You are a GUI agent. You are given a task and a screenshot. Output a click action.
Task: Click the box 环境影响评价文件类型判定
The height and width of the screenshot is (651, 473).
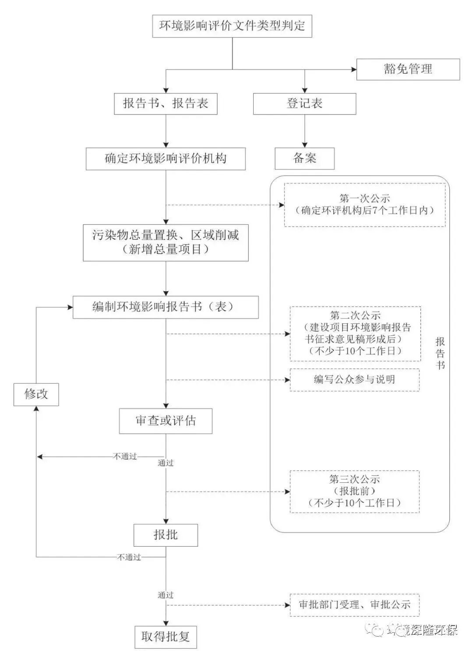(232, 26)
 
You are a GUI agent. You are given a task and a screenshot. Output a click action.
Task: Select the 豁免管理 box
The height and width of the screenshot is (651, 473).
(408, 69)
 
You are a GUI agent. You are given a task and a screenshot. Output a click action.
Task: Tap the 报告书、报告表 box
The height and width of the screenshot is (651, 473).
(166, 104)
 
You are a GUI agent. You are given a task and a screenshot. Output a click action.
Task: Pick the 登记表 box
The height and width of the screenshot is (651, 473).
(304, 104)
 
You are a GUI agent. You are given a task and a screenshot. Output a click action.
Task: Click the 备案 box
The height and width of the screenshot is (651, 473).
(304, 158)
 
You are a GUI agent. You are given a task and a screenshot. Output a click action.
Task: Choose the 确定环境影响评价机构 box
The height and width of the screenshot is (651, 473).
(166, 158)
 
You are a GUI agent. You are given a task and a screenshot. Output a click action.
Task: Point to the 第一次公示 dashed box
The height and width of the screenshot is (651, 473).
(364, 205)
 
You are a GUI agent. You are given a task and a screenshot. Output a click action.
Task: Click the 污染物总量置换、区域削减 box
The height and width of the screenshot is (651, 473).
(166, 242)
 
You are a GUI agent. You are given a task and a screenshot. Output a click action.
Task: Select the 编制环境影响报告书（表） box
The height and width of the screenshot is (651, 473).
(166, 307)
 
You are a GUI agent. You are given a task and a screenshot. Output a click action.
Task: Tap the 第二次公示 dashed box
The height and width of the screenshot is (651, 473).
(355, 333)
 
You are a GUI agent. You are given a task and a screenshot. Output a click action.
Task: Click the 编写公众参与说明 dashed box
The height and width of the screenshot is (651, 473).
(354, 379)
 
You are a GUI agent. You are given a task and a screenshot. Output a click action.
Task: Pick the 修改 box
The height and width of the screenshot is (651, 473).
(36, 394)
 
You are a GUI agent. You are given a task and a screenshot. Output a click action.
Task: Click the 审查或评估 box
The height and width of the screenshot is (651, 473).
(166, 421)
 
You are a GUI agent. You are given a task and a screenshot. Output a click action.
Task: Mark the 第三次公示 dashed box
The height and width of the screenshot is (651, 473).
(354, 491)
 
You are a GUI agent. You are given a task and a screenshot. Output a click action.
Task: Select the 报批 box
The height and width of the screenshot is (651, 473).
(166, 534)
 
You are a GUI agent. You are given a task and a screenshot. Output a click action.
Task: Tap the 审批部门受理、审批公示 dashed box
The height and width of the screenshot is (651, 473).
(354, 605)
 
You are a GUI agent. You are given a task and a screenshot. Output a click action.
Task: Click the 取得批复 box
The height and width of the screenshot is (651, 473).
(166, 637)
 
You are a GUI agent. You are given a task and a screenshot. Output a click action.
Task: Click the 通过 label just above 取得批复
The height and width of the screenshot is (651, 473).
(166, 595)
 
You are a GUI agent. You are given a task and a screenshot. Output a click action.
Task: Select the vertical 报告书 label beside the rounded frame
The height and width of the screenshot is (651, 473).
(440, 353)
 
